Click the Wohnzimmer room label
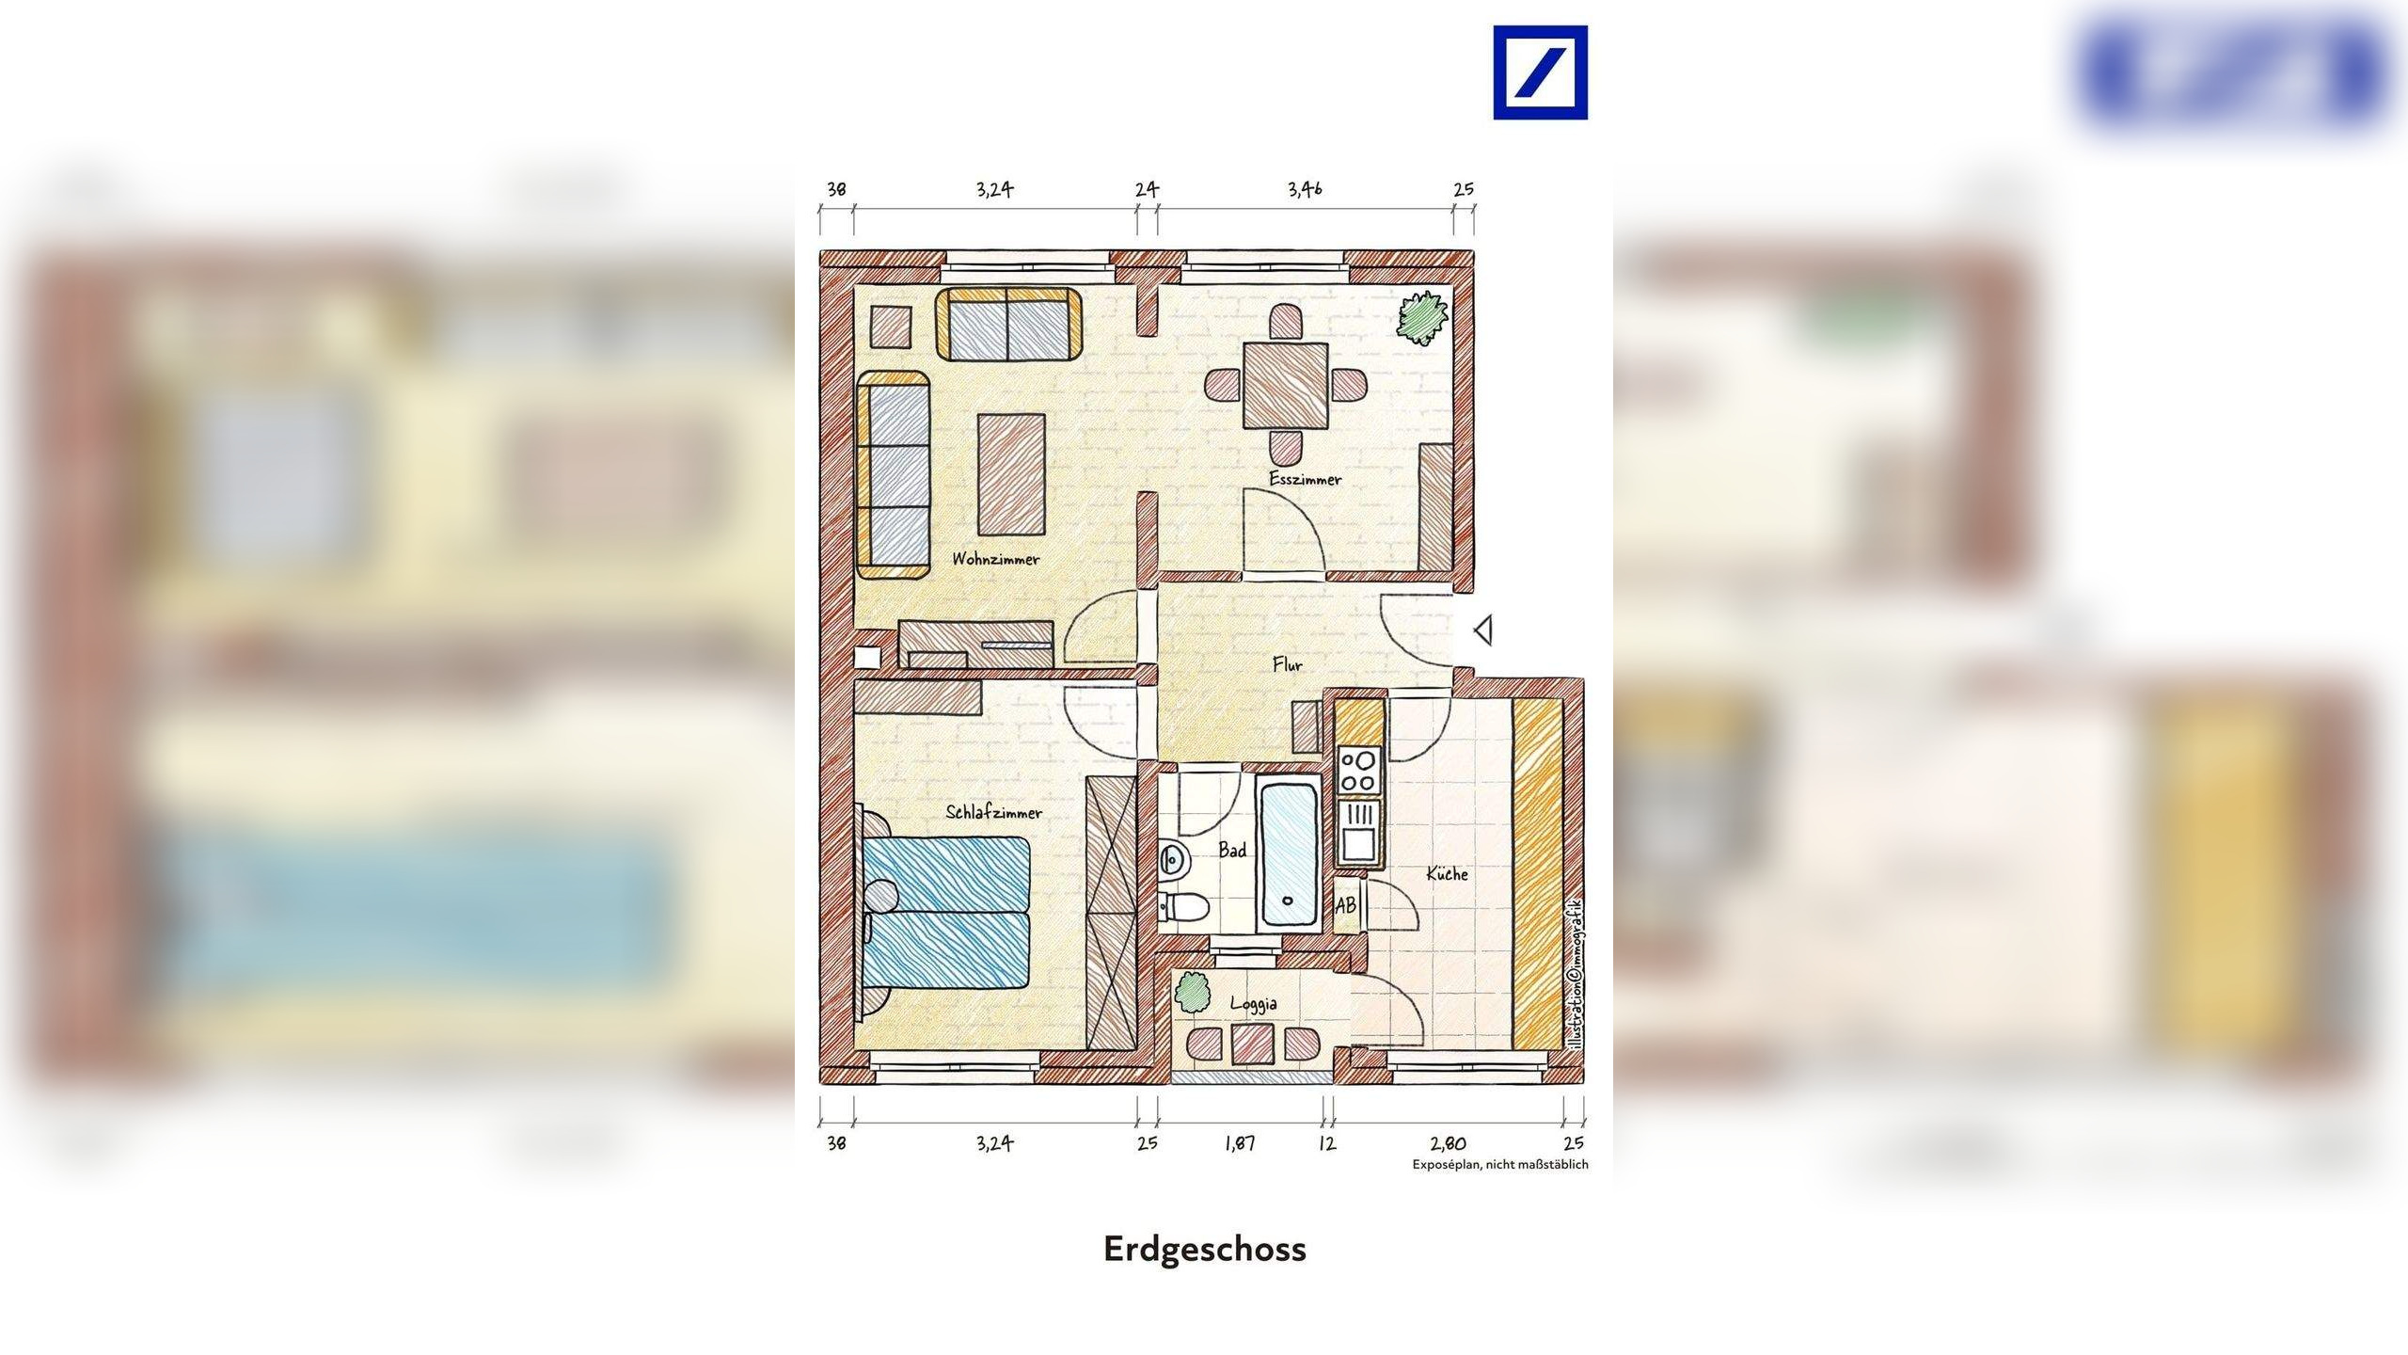pos(995,559)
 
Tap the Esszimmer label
pos(1305,479)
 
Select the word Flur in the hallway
pos(1287,665)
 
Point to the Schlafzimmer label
pos(993,813)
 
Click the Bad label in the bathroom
pos(1232,851)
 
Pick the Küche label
pos(1447,874)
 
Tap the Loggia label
pos(1253,1004)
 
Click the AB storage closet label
pos(1346,905)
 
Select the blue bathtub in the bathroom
pos(1288,853)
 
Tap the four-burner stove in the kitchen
pos(1357,770)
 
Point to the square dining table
pos(1286,384)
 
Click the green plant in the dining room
pos(1420,316)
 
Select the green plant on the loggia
pos(1192,992)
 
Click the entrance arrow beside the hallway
pos(1483,630)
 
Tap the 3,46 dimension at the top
pos(1305,189)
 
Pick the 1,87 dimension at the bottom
pos(1239,1143)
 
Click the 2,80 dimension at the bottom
pos(1448,1143)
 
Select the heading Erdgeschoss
pos(1205,1250)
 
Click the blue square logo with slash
pos(1540,72)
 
